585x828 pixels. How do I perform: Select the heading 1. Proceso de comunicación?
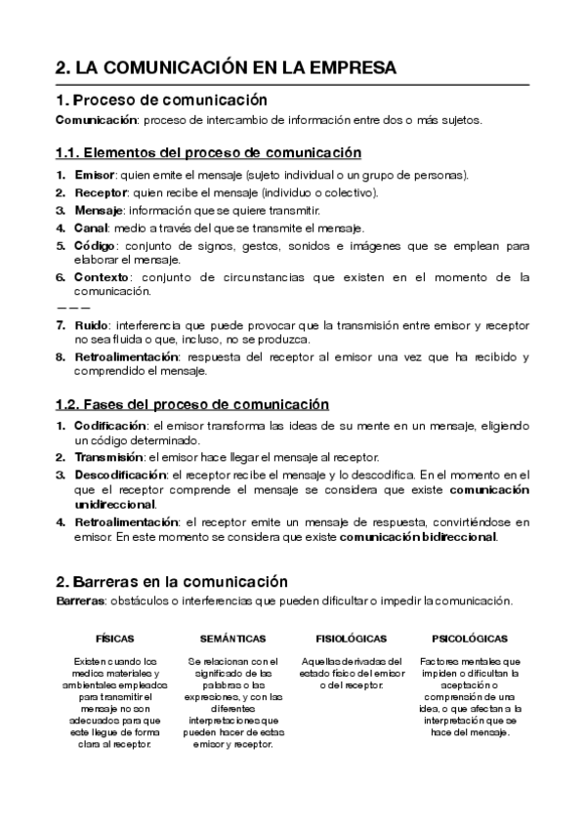[161, 100]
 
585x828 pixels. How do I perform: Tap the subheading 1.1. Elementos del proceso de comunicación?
[208, 153]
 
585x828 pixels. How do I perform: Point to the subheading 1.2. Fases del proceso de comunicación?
[191, 404]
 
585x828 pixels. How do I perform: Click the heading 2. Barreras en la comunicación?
[172, 580]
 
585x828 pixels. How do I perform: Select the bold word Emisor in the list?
[94, 175]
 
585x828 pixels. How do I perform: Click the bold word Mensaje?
[99, 210]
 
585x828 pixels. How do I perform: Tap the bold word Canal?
[91, 228]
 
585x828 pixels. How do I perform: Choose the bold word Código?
[95, 245]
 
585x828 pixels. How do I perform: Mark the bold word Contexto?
[102, 277]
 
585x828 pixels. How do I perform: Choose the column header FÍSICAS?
[115, 639]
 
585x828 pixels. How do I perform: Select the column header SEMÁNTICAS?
[233, 639]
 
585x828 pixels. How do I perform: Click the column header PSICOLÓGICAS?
[469, 639]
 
